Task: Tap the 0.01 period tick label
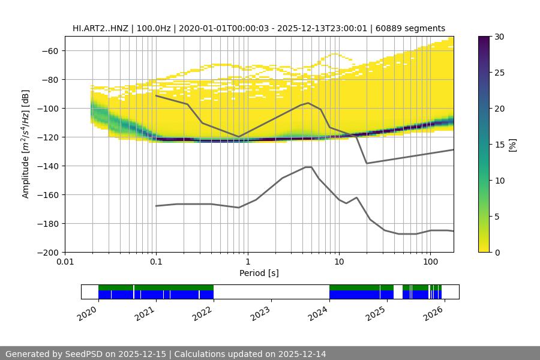[65, 262]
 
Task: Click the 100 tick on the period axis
[430, 262]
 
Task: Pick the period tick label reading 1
[247, 262]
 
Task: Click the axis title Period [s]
[259, 274]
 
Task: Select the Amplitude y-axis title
[26, 144]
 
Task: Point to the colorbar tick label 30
[499, 37]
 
